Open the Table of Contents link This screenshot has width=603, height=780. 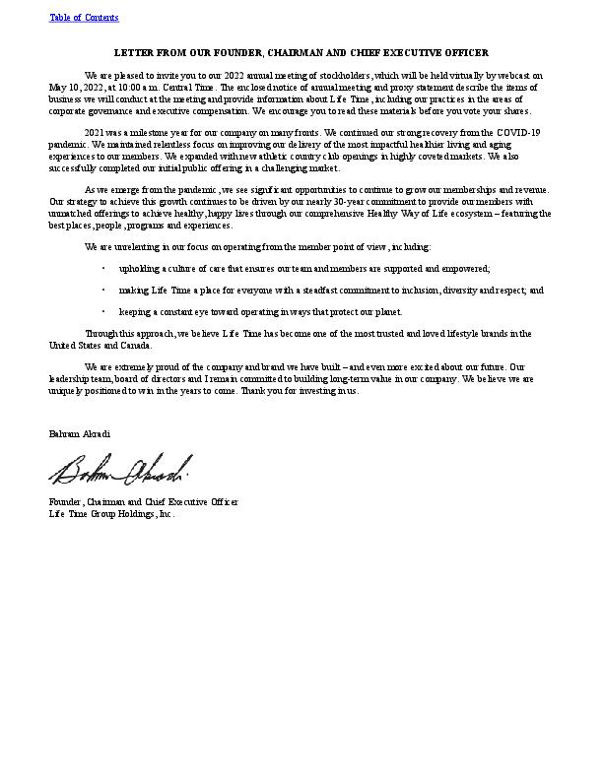coord(84,18)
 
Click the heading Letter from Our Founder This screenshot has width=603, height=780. coord(301,52)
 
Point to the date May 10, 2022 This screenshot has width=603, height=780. coord(70,87)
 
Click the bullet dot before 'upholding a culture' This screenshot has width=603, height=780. coord(103,268)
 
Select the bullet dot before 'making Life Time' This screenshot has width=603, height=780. coord(103,291)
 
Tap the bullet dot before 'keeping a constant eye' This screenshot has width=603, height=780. coord(103,312)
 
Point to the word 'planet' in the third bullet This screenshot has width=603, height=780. coord(387,312)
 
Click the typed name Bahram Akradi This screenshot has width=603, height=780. coord(80,433)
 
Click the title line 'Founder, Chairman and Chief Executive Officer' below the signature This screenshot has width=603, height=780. coord(144,502)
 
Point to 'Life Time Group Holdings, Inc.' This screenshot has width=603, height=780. coord(111,513)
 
